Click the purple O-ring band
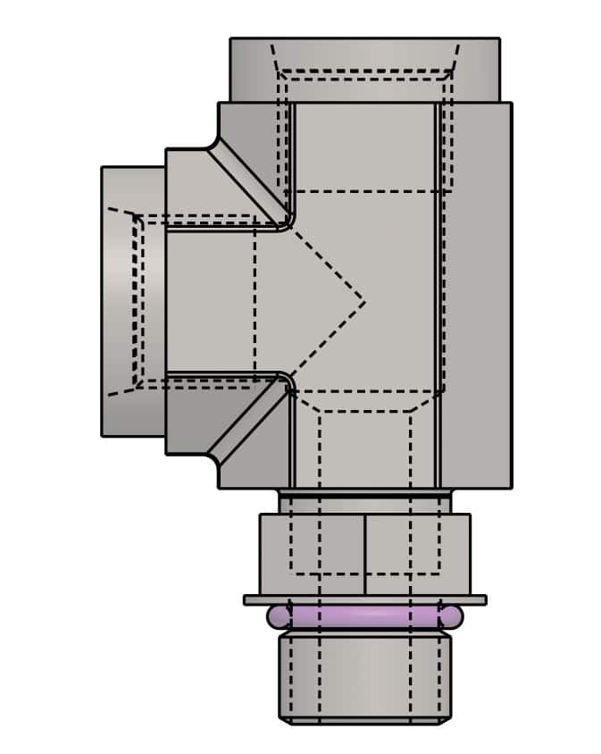(x=364, y=616)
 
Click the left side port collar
(x=132, y=301)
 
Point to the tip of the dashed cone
(x=364, y=302)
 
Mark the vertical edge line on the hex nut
(x=365, y=554)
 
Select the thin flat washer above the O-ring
(x=364, y=599)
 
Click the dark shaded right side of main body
(x=478, y=295)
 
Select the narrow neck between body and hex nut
(x=364, y=500)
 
